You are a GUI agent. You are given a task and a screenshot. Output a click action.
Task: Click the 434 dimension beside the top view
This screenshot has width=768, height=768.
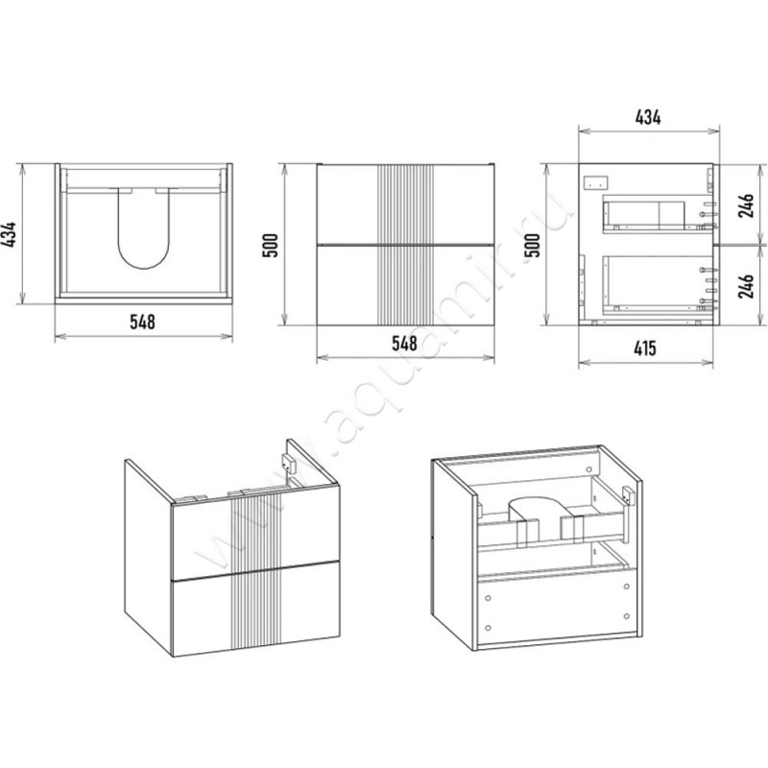click(11, 234)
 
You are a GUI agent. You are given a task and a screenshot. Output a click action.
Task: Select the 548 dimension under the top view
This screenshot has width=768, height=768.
click(142, 322)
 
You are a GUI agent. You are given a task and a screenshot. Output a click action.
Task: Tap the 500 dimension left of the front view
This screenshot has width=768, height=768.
click(271, 246)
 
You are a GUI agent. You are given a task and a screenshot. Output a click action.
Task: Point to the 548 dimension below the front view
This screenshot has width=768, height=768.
click(404, 343)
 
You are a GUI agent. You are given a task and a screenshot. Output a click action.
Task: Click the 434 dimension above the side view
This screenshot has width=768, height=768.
click(648, 117)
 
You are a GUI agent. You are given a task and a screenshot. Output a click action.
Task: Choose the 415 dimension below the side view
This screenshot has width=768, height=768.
click(645, 348)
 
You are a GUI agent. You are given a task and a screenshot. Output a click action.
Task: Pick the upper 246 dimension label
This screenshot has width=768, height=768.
click(746, 205)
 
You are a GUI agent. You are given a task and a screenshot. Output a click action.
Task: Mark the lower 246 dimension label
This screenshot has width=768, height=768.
click(746, 286)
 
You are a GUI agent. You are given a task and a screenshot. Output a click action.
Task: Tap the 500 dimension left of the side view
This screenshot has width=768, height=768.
click(532, 246)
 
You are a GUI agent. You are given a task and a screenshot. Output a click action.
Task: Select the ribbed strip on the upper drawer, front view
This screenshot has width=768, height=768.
click(405, 204)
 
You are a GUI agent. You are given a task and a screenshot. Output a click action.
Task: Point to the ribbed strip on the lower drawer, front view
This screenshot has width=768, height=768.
click(405, 285)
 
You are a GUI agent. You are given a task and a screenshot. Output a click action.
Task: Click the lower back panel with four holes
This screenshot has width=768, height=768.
click(557, 607)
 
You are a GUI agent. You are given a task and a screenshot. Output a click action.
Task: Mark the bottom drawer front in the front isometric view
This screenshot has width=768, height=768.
click(255, 609)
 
